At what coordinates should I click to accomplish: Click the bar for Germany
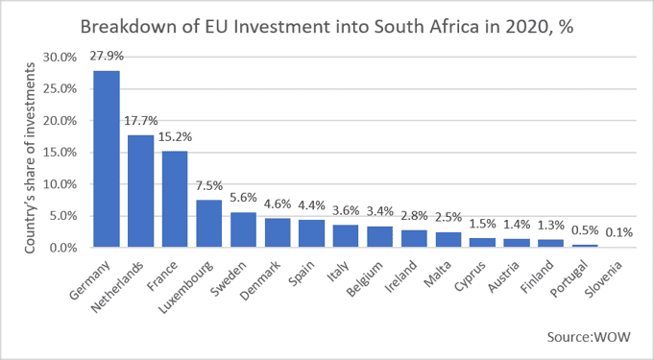click(x=107, y=159)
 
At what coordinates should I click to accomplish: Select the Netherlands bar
click(x=140, y=191)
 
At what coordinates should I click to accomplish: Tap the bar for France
click(x=175, y=199)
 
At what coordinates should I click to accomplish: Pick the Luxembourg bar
click(x=209, y=224)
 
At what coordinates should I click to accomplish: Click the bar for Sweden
click(x=243, y=229)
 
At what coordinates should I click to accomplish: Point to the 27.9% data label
click(x=107, y=56)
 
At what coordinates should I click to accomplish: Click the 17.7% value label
click(x=141, y=121)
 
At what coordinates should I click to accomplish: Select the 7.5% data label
click(x=209, y=185)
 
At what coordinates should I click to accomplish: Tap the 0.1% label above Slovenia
click(x=619, y=232)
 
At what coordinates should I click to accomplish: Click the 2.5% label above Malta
click(x=448, y=217)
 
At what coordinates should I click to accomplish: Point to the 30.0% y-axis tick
click(x=61, y=58)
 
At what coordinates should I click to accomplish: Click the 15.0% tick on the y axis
click(x=61, y=153)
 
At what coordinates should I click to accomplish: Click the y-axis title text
click(x=30, y=157)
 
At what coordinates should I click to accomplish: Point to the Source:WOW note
click(x=589, y=337)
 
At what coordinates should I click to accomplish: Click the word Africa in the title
click(x=458, y=27)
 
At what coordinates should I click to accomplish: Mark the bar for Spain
click(x=311, y=233)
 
